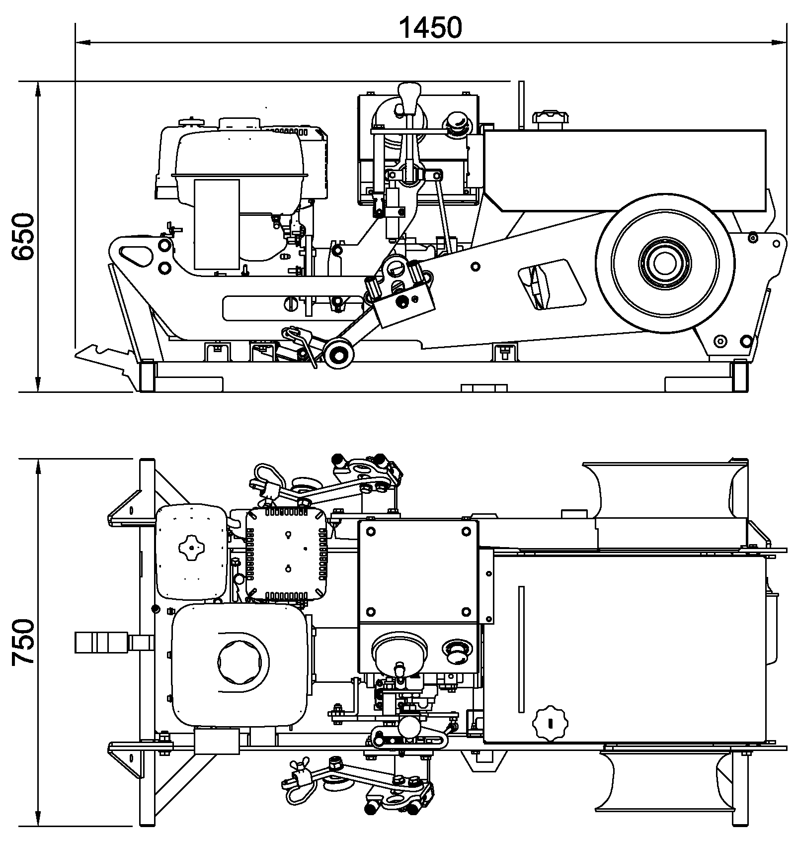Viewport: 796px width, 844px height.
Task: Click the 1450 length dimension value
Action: (x=430, y=28)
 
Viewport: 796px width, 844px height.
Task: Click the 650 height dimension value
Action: (x=23, y=236)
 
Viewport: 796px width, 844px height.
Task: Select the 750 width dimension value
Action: (x=23, y=642)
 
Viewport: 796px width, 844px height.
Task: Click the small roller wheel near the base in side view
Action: (x=338, y=355)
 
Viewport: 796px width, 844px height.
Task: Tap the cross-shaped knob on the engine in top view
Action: (x=191, y=548)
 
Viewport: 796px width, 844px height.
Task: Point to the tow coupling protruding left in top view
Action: (x=113, y=642)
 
